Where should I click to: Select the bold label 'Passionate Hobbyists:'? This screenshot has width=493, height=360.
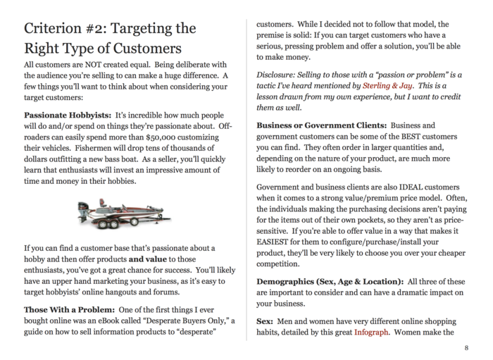pos(67,114)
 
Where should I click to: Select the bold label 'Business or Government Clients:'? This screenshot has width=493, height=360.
pos(322,125)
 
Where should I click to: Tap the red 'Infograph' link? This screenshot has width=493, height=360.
pos(370,332)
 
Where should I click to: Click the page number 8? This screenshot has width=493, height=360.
pos(466,348)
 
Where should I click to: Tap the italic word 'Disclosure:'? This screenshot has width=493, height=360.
pos(277,73)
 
